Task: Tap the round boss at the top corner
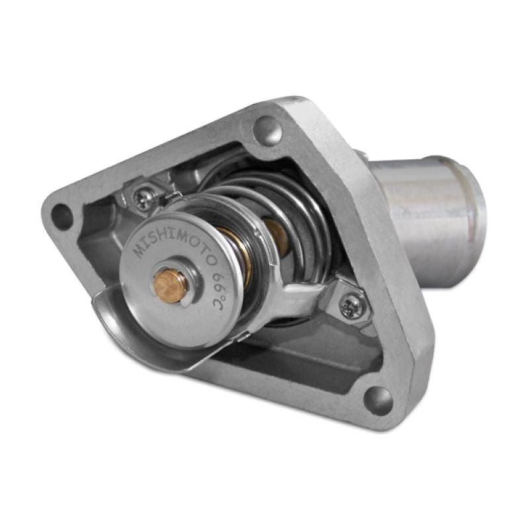tap(267, 126)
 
